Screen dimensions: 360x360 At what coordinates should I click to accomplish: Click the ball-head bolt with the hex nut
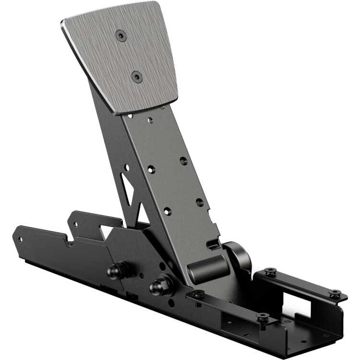[158, 287]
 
